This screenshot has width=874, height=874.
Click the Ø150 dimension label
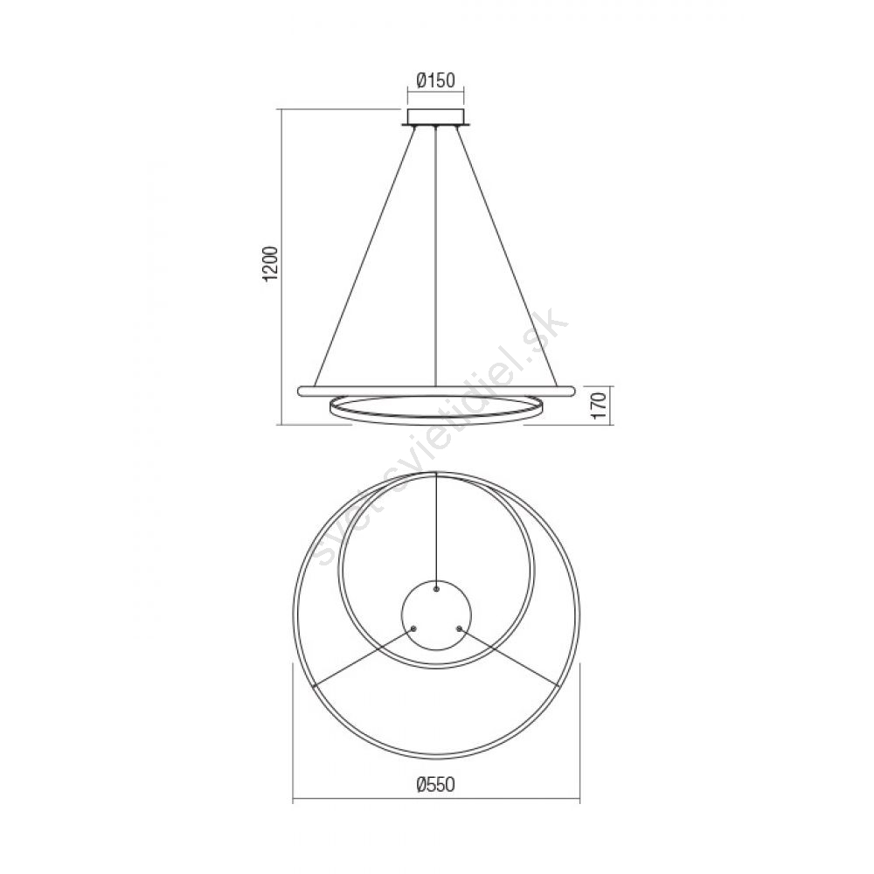pos(436,80)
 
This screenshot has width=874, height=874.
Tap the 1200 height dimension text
pos(270,263)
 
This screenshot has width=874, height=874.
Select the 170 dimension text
pos(599,406)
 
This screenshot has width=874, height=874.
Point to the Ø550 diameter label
pos(436,785)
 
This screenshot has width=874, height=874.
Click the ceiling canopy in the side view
pos(436,118)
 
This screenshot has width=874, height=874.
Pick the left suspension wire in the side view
pos(364,256)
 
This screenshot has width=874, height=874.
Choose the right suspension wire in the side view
pos(507,256)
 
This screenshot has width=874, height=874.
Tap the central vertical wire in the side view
pos(436,256)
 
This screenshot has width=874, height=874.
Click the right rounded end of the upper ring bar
pos(570,391)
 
